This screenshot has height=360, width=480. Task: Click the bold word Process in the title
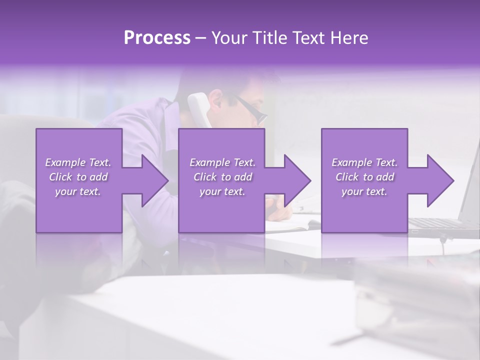(157, 38)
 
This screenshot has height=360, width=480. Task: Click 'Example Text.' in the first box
(78, 162)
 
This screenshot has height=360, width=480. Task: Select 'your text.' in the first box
(78, 191)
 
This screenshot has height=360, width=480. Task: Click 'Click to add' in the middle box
(222, 177)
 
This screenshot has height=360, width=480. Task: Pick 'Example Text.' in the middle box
(222, 162)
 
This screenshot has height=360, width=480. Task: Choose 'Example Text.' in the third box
(364, 162)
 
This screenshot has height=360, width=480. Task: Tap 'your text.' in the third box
(364, 191)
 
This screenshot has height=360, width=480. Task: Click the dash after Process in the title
(201, 38)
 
